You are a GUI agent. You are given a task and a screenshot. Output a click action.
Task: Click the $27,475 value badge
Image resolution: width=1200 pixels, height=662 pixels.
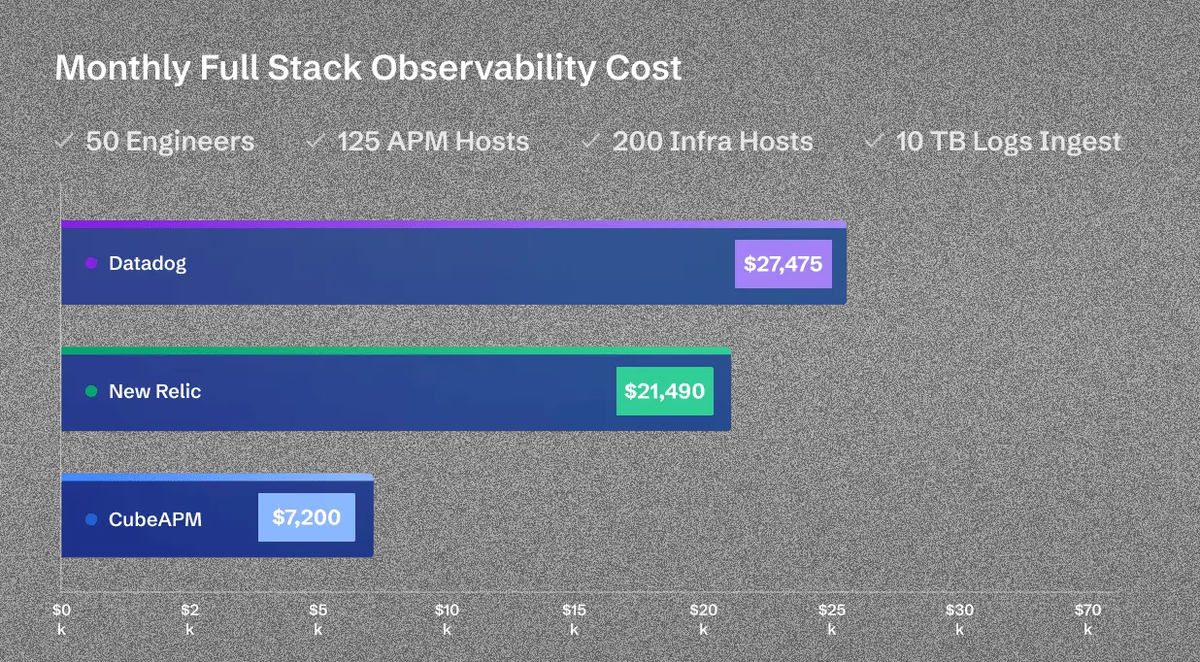pyautogui.click(x=783, y=264)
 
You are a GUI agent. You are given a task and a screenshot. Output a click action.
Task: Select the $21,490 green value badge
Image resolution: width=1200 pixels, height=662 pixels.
pyautogui.click(x=664, y=391)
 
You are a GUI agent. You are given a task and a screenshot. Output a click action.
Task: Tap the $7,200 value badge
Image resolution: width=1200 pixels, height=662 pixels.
pyautogui.click(x=306, y=517)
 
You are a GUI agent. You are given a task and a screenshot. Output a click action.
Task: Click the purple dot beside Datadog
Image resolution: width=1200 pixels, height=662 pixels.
pyautogui.click(x=91, y=263)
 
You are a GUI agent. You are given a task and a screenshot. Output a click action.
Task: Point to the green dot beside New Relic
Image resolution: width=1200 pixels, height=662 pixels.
pyautogui.click(x=91, y=391)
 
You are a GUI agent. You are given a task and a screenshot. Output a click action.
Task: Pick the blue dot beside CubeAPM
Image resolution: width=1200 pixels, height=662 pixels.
pyautogui.click(x=91, y=519)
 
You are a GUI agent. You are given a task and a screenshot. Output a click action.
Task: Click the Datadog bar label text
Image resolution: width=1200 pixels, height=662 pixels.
pyautogui.click(x=148, y=263)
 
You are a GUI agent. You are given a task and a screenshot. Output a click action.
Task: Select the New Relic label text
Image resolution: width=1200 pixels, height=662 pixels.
pyautogui.click(x=155, y=391)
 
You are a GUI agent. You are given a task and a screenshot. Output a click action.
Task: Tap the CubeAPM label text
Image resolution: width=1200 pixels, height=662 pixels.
pyautogui.click(x=155, y=519)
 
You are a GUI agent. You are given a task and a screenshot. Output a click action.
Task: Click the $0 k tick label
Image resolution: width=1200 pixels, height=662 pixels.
pyautogui.click(x=61, y=619)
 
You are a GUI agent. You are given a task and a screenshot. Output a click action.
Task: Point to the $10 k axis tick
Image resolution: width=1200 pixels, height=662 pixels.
pyautogui.click(x=447, y=619)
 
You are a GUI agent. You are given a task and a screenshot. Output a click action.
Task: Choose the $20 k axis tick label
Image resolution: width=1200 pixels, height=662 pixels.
pyautogui.click(x=703, y=619)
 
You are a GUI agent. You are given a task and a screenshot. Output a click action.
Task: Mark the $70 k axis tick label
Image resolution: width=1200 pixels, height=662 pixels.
pyautogui.click(x=1087, y=619)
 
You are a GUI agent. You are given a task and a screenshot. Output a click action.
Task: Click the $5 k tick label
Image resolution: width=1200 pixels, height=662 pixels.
pyautogui.click(x=317, y=619)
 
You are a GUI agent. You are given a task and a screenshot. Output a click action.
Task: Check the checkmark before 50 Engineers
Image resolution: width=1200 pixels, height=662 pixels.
pyautogui.click(x=64, y=141)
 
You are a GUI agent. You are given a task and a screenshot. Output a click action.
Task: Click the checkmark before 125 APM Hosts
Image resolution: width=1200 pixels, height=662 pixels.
pyautogui.click(x=316, y=141)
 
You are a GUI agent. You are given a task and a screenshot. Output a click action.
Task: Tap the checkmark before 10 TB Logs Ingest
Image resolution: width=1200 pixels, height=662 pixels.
pyautogui.click(x=874, y=141)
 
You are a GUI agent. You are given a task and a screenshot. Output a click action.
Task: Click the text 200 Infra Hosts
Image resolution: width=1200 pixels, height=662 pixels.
pyautogui.click(x=713, y=142)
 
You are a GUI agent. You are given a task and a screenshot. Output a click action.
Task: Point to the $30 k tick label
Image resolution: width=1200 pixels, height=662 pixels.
pyautogui.click(x=959, y=619)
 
